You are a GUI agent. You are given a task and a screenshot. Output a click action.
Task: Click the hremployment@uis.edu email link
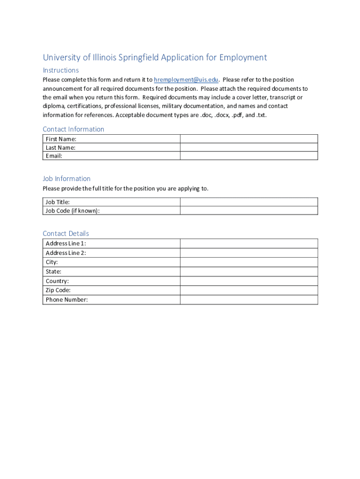point(186,80)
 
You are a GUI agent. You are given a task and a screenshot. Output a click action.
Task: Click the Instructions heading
point(61,70)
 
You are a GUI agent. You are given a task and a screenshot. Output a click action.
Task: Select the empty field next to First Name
point(249,139)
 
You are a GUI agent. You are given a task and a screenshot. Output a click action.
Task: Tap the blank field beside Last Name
point(249,147)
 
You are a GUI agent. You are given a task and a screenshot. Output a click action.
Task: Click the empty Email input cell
point(249,156)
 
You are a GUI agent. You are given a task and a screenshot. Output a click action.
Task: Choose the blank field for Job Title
point(249,202)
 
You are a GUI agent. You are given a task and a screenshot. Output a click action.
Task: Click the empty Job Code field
point(249,210)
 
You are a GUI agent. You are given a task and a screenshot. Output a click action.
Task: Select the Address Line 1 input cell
point(249,243)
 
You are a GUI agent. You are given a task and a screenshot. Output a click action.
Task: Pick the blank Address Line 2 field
point(249,253)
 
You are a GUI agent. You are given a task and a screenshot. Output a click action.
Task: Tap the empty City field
point(249,262)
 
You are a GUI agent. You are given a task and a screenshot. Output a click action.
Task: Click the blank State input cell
point(249,271)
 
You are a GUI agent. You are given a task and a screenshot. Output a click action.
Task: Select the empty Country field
point(249,281)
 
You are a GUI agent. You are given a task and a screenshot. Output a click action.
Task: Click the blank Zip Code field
point(249,290)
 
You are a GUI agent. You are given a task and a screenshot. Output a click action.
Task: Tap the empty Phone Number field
point(249,299)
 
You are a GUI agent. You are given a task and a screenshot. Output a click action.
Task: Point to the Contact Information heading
point(73,129)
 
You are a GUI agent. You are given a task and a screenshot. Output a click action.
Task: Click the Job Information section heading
point(66,179)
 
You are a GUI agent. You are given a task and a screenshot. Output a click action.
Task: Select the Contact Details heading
point(65,233)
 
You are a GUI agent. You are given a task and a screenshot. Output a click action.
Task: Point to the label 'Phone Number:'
point(66,300)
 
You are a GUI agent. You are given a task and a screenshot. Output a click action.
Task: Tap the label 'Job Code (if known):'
point(72,211)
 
